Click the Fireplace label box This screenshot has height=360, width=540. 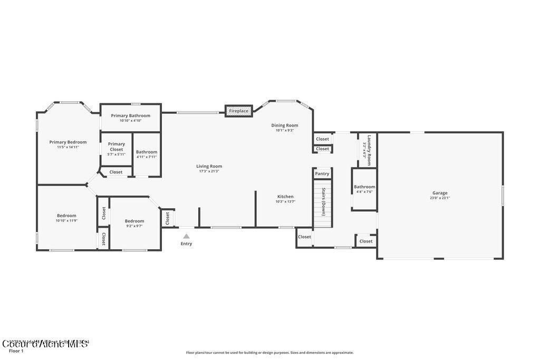point(238,111)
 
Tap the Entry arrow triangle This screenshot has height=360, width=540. point(186,237)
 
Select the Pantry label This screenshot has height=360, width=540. point(322,173)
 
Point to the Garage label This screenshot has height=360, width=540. point(440,193)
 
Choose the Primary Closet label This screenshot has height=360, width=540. point(117,147)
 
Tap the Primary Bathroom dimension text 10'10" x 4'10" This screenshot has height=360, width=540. point(130,121)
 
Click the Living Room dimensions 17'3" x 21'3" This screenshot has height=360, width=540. point(209,171)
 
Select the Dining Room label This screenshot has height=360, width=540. point(285,125)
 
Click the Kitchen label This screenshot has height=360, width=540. point(285,197)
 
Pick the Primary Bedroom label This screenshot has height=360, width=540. point(68,142)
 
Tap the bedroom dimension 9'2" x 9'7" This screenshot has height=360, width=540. point(134,226)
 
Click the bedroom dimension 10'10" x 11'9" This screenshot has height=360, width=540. point(66,220)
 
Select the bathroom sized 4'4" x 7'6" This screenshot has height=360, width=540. point(364,189)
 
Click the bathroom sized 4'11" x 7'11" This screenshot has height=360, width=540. point(147,154)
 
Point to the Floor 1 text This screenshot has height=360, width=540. point(16,351)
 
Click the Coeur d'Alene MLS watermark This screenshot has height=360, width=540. point(45,344)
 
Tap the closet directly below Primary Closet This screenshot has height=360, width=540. point(116,172)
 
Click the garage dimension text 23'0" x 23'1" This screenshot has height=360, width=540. point(440,198)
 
